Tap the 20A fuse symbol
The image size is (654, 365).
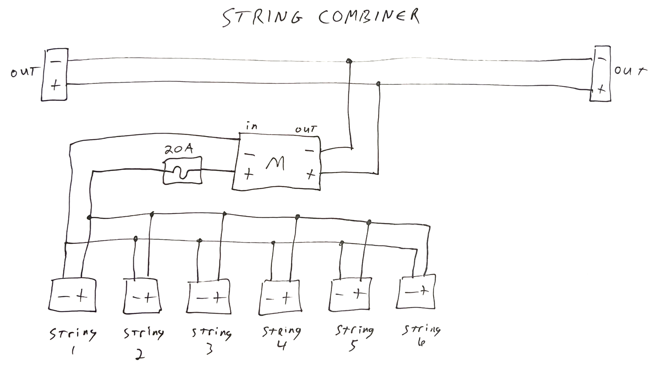[x=182, y=171]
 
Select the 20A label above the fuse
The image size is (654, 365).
[x=178, y=150]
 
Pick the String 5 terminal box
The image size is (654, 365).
[x=351, y=295]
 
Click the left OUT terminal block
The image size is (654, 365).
[x=54, y=74]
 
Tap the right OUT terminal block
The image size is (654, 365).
[x=600, y=74]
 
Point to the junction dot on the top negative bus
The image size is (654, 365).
[x=349, y=61]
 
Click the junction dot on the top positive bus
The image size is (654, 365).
[x=378, y=84]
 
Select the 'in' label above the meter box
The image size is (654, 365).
[x=252, y=126]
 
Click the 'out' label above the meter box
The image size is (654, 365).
[x=306, y=129]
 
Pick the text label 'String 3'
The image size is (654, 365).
[x=211, y=339]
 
